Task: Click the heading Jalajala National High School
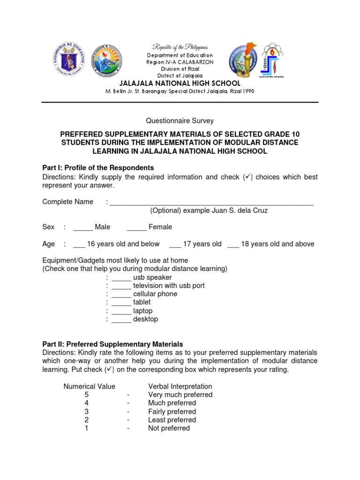point(179,83)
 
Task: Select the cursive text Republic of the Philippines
point(179,47)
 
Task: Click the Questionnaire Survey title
point(180,121)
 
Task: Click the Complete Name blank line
point(211,202)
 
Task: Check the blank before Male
point(83,227)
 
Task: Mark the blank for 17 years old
point(175,244)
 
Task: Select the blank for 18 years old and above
point(233,244)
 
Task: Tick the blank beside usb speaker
point(121,277)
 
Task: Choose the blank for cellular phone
point(121,294)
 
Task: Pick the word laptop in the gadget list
point(143,311)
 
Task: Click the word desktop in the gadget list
point(146,319)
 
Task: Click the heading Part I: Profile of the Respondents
point(98,168)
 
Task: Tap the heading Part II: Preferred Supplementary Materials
point(112,344)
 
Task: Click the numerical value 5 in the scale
point(87,395)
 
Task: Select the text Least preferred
point(172,420)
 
